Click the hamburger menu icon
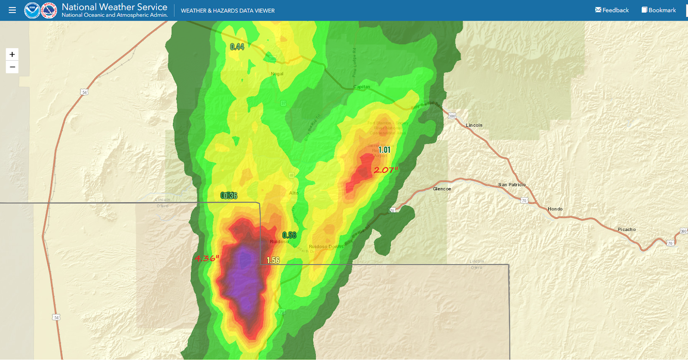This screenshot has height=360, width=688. point(12,10)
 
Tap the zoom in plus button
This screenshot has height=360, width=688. point(12,54)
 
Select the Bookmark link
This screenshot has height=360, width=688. point(658,10)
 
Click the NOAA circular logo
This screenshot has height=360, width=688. point(32,10)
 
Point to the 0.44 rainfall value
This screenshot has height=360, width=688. point(237,47)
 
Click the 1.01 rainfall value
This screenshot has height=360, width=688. point(384,150)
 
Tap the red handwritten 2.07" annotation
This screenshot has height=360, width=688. point(386,170)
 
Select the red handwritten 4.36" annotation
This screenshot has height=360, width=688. point(207,258)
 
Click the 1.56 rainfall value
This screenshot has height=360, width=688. point(273,260)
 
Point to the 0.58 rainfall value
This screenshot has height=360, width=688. point(289,235)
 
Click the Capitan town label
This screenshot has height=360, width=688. point(361,87)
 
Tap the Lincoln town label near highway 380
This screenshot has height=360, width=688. point(474,125)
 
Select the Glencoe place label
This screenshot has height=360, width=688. point(442,189)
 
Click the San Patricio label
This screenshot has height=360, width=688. point(512,185)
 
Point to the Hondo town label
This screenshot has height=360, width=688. point(555,209)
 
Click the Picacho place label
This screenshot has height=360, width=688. point(627,229)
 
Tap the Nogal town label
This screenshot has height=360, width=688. point(277,74)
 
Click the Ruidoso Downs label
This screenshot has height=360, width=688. point(326,247)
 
